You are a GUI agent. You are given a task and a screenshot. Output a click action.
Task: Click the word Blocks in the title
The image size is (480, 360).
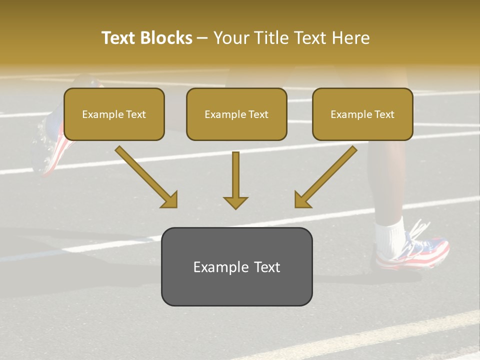pos(166,38)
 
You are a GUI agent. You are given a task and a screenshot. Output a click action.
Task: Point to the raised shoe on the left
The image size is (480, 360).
pos(52,145)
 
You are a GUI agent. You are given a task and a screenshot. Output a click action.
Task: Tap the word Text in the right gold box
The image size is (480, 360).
pos(384,114)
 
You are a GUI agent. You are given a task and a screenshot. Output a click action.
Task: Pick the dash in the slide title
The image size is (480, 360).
pos(202,38)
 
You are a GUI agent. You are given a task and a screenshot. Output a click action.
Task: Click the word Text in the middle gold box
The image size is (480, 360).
pos(258,114)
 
